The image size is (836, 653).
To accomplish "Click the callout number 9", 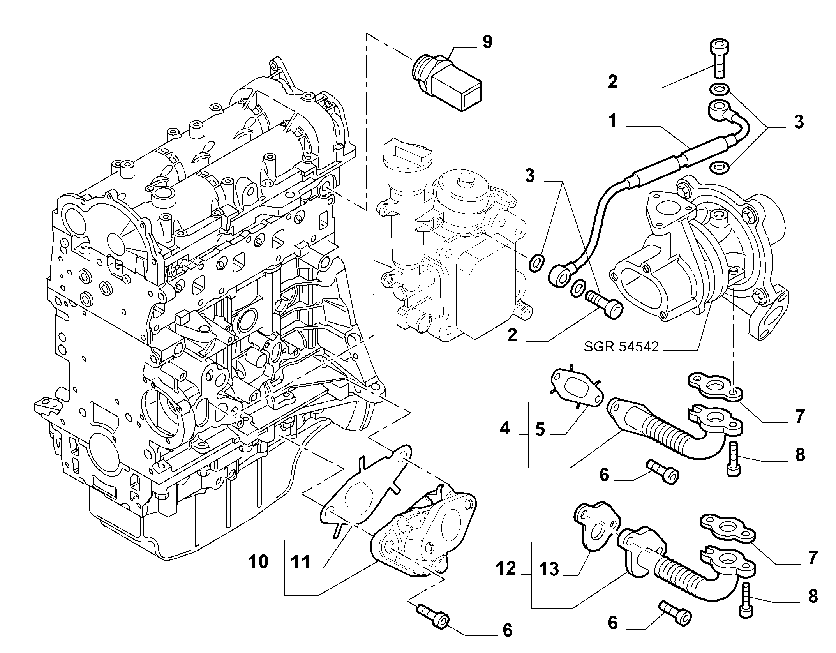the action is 487,42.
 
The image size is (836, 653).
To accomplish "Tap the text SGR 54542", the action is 621,346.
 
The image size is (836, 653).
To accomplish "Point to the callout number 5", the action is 540,429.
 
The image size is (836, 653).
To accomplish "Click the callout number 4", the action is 505,429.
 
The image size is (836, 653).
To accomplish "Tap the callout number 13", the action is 549,569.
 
